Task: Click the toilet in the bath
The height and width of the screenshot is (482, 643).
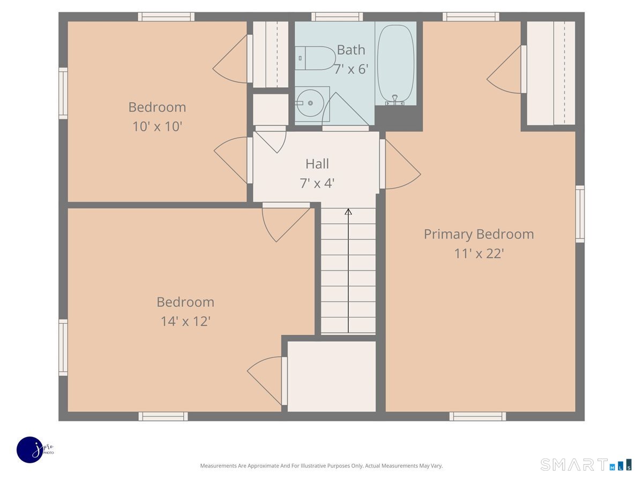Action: pyautogui.click(x=315, y=58)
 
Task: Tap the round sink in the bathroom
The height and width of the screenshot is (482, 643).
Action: pyautogui.click(x=310, y=103)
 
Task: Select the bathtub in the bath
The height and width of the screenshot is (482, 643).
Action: pyautogui.click(x=395, y=64)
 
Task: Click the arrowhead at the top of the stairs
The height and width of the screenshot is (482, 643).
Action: pyautogui.click(x=348, y=212)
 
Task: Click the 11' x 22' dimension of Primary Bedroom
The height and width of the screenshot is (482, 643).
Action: pyautogui.click(x=479, y=253)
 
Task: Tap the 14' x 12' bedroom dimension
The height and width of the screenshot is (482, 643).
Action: pyautogui.click(x=185, y=321)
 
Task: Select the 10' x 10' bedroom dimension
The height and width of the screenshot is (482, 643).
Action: pyautogui.click(x=158, y=126)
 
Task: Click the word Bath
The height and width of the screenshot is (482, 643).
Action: pyautogui.click(x=351, y=50)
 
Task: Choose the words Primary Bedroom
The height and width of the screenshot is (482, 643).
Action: pyautogui.click(x=479, y=234)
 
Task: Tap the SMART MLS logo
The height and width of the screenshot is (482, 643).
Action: pyautogui.click(x=586, y=464)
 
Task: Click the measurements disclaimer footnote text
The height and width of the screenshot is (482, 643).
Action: pyautogui.click(x=322, y=465)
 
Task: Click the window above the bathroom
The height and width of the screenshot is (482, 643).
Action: pyautogui.click(x=337, y=17)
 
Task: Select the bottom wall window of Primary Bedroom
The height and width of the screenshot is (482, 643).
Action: pyautogui.click(x=477, y=416)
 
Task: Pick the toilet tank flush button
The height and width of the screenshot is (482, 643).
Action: pyautogui.click(x=300, y=58)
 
